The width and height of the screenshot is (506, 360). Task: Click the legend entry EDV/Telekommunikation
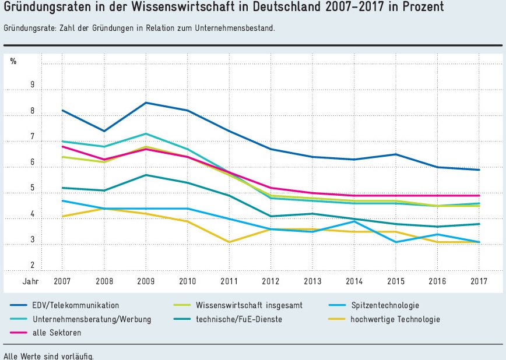point(76,305)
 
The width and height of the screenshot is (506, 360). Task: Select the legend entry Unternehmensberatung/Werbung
point(92,319)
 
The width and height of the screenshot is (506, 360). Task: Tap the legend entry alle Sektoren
point(57,333)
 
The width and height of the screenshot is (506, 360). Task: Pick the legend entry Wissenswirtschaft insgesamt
point(249,305)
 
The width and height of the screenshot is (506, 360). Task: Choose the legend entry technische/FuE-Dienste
point(239,319)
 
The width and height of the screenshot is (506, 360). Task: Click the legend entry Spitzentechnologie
point(385,305)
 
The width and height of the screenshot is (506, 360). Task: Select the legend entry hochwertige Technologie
point(395,319)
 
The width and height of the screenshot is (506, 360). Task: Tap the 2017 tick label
point(479,281)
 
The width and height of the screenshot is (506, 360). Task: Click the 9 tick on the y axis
point(33,85)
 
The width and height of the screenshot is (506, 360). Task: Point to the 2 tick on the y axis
point(33,266)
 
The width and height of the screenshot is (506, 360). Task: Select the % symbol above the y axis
point(13,61)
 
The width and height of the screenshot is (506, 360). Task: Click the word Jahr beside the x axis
point(30,281)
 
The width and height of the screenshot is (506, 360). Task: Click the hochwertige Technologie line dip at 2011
point(229,242)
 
